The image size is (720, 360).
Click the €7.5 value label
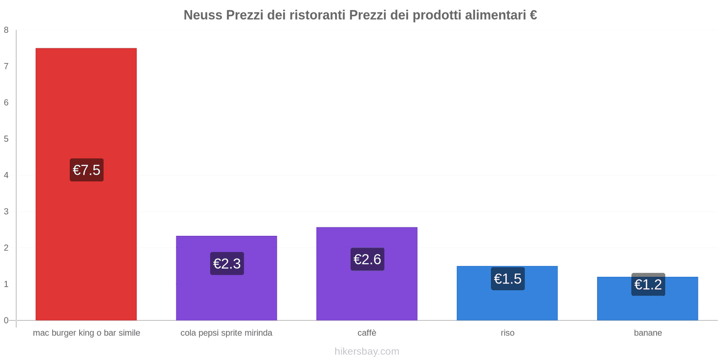pyautogui.click(x=86, y=170)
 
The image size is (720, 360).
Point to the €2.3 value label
pyautogui.click(x=227, y=264)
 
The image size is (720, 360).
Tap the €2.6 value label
pyautogui.click(x=367, y=259)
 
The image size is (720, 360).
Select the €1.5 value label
pyautogui.click(x=508, y=279)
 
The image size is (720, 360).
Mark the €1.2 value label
pyautogui.click(x=648, y=284)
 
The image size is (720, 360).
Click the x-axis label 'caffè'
pyautogui.click(x=367, y=333)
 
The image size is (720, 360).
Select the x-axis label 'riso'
pyautogui.click(x=508, y=333)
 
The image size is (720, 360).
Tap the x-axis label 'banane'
pyautogui.click(x=648, y=333)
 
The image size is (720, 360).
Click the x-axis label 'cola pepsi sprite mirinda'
pyautogui.click(x=226, y=333)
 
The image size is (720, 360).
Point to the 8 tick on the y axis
pyautogui.click(x=6, y=30)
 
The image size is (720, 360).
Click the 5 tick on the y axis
pyautogui.click(x=6, y=139)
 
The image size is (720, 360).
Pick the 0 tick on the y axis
pyautogui.click(x=6, y=320)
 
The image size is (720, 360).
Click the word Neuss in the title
pyautogui.click(x=202, y=15)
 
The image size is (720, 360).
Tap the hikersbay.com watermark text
pyautogui.click(x=367, y=351)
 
